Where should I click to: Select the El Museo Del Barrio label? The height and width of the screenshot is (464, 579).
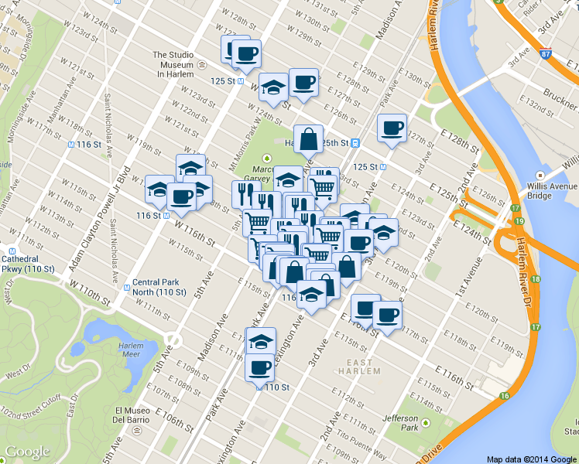pos(135,415)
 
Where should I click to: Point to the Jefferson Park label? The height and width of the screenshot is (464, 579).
pos(400,423)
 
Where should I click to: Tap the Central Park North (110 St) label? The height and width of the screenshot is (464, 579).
pos(159,288)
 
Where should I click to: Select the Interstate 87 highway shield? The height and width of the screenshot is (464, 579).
pos(547,55)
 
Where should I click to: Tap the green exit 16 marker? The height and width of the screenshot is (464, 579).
pos(505,396)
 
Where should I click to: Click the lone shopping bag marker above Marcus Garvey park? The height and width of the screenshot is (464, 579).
pos(308,139)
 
